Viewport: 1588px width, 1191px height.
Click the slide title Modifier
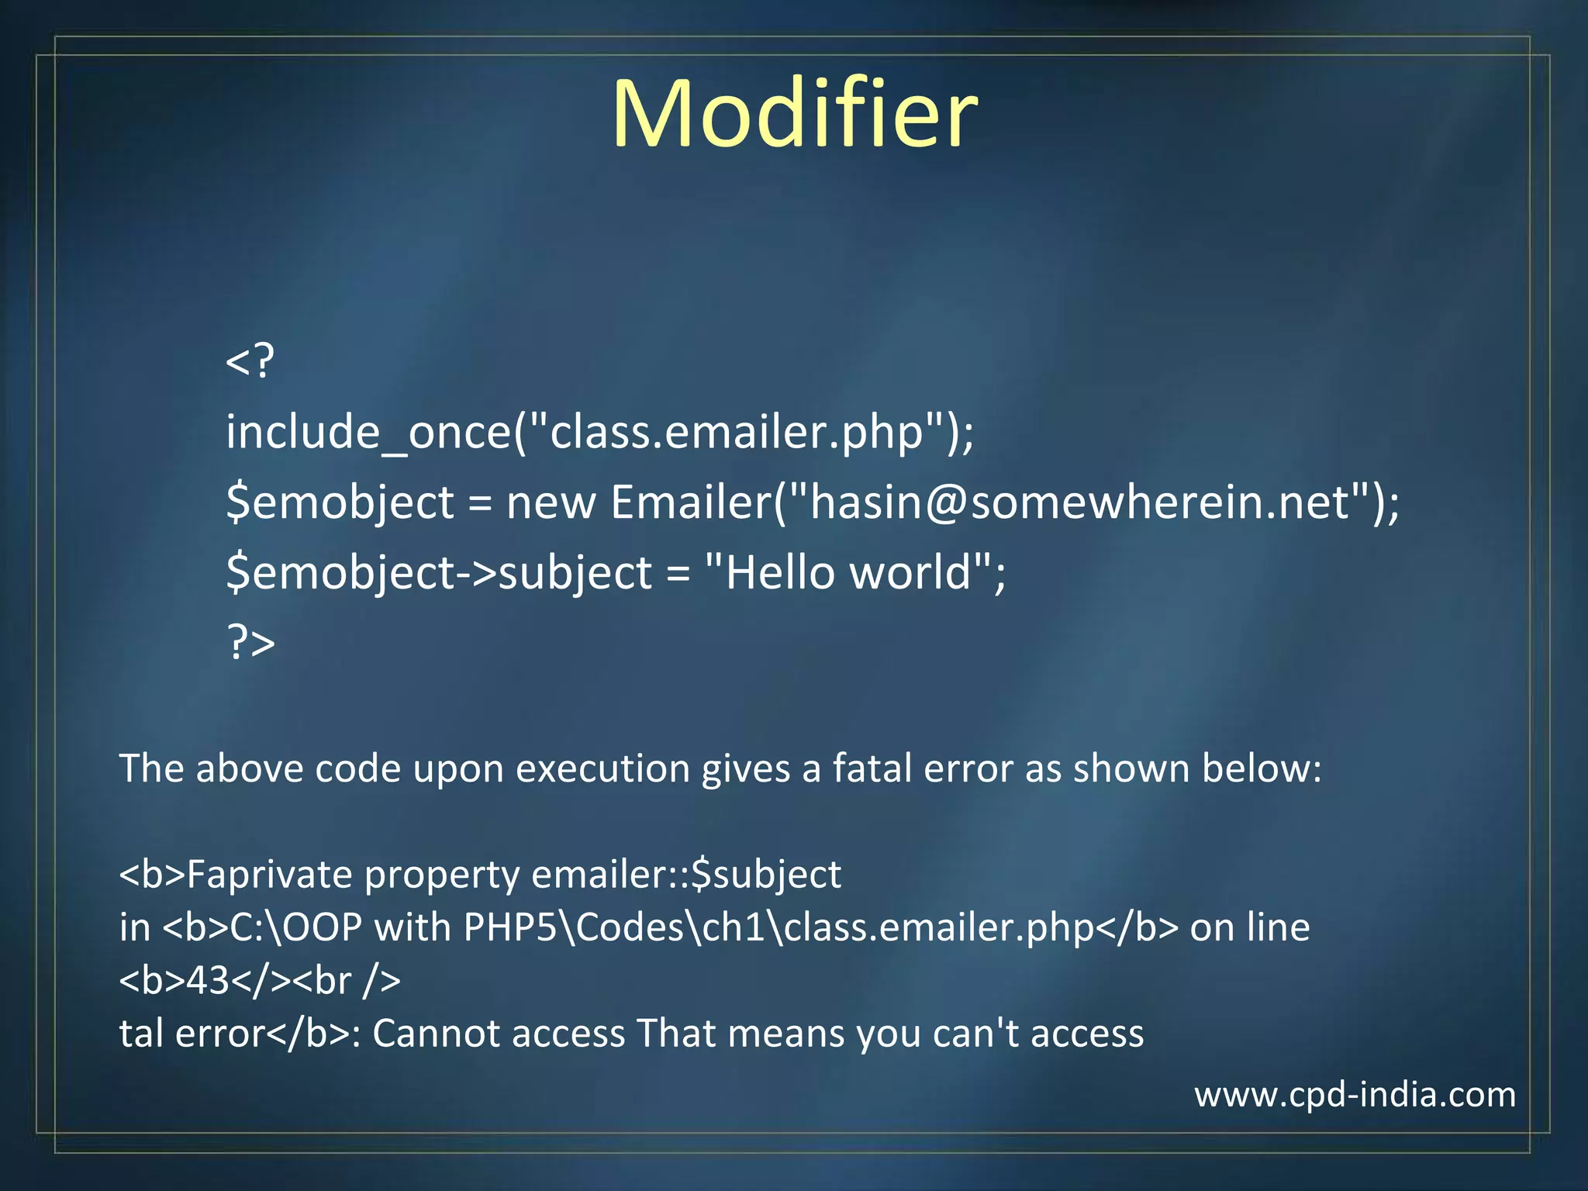[x=794, y=114]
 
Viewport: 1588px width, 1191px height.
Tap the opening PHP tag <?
[x=250, y=361]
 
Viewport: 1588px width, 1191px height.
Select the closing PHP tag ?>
[x=250, y=642]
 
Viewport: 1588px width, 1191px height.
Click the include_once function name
[x=368, y=432]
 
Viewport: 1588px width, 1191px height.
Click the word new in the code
[x=551, y=502]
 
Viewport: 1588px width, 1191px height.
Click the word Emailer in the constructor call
[x=691, y=502]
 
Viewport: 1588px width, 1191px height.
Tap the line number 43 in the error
[x=208, y=981]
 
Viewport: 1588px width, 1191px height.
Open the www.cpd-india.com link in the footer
[x=1354, y=1095]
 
